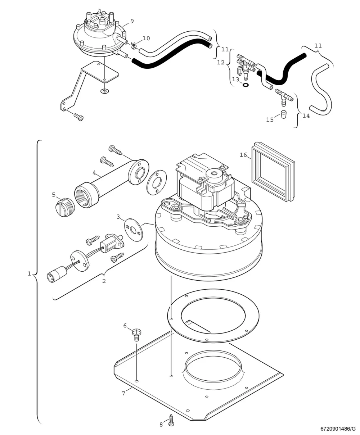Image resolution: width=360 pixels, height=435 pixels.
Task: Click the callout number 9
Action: pos(132,21)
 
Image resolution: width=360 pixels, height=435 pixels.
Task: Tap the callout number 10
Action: pos(146,38)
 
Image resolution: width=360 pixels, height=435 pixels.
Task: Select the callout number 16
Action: pos(243,155)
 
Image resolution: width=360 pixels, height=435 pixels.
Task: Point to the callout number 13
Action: pos(235,80)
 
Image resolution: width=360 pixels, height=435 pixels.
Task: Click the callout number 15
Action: pos(270,119)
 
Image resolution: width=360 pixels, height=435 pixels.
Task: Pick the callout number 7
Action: pos(123,393)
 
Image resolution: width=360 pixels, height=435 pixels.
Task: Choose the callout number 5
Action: pos(54,195)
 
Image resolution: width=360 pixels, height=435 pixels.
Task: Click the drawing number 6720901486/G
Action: pos(338,429)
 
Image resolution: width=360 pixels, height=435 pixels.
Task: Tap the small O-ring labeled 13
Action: pos(246,85)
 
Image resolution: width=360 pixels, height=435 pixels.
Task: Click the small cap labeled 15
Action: pos(283,114)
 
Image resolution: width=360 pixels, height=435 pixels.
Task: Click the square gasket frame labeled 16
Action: pos(273,172)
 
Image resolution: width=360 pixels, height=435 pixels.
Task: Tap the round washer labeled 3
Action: pos(134,230)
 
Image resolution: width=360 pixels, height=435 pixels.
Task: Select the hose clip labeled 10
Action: pos(134,46)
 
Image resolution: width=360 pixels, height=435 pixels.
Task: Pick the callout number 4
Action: pos(94,173)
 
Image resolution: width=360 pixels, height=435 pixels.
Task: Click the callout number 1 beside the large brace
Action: pos(29,273)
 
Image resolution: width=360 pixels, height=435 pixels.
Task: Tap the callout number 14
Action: pos(306,115)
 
